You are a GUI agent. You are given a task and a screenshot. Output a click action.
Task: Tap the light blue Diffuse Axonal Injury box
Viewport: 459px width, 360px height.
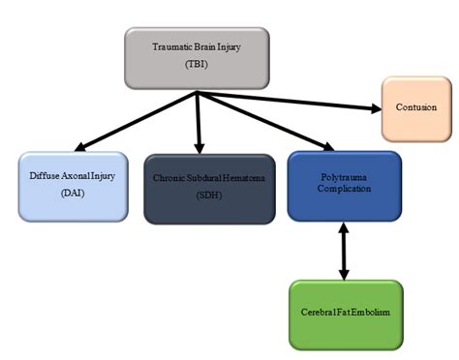pos(72,186)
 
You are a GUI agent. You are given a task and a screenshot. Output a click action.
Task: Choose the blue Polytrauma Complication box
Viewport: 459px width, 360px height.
pos(344,186)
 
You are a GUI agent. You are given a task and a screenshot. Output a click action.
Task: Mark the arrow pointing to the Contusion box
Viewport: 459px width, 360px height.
pos(291,100)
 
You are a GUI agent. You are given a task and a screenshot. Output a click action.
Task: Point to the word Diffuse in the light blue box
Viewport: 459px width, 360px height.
pos(44,178)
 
